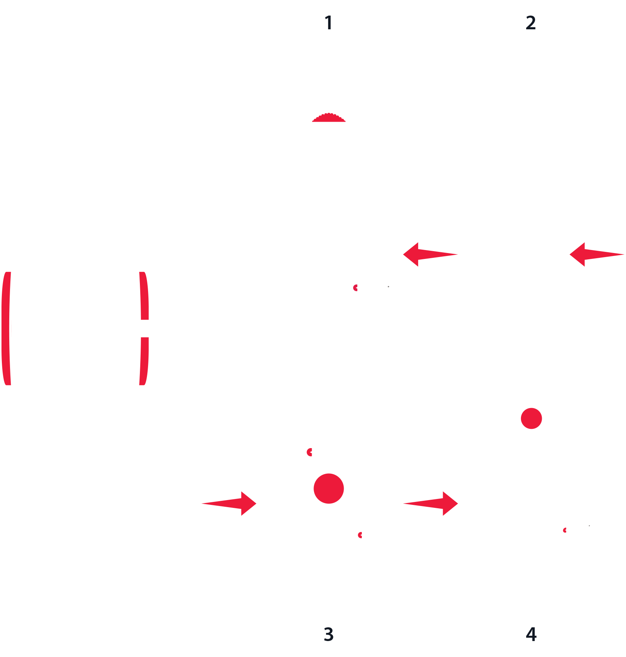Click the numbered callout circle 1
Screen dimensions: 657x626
coord(328,23)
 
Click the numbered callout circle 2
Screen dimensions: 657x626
coord(531,23)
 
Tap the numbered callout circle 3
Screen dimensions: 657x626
coord(328,634)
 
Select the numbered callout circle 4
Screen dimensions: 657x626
coord(531,634)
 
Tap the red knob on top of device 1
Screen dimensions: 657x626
coord(329,118)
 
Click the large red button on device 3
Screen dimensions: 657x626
coord(328,489)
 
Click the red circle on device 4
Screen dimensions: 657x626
coord(531,418)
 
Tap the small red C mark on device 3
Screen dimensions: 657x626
coord(309,452)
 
